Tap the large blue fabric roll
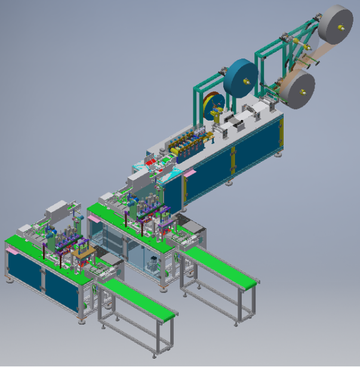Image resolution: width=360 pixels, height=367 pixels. tap(241, 78)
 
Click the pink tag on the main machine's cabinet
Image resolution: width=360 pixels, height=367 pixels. tap(190, 172)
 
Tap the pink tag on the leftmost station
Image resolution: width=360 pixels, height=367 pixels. tap(12, 251)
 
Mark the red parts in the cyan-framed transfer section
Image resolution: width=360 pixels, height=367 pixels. tap(153, 161)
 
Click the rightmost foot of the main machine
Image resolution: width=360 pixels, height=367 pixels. tap(279, 154)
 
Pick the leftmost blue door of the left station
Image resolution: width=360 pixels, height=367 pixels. tap(24, 269)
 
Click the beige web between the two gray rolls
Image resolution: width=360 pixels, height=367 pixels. tap(313, 57)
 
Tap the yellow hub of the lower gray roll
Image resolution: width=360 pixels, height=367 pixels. tap(303, 91)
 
